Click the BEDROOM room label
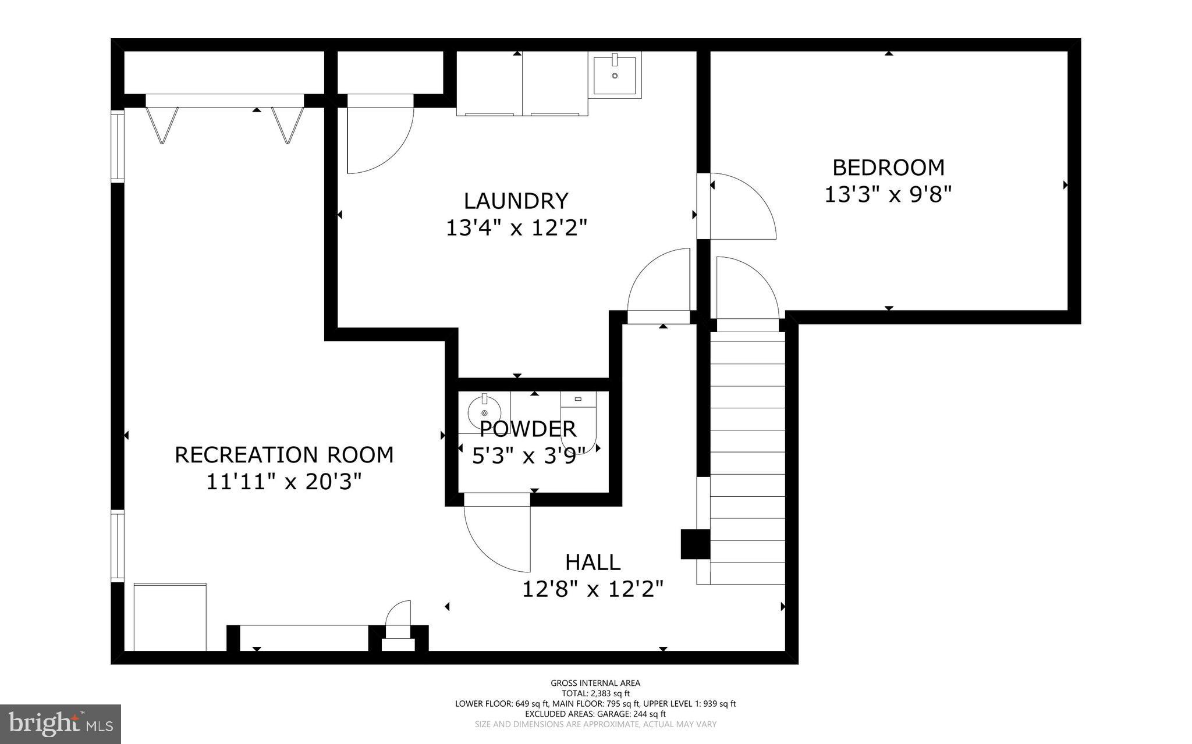pyautogui.click(x=888, y=168)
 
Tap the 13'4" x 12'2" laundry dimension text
pyautogui.click(x=516, y=227)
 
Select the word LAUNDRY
pyautogui.click(x=516, y=201)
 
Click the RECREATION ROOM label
pyautogui.click(x=284, y=454)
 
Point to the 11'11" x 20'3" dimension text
pyautogui.click(x=284, y=482)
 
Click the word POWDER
pyautogui.click(x=528, y=429)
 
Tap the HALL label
pyautogui.click(x=593, y=563)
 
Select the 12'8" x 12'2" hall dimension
pyautogui.click(x=593, y=589)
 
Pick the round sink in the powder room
pyautogui.click(x=484, y=411)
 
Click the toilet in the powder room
pyautogui.click(x=580, y=422)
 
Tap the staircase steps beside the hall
pyautogui.click(x=747, y=454)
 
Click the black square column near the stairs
pyautogui.click(x=695, y=544)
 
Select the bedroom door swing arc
pyautogui.click(x=742, y=207)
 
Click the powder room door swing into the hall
pyautogui.click(x=498, y=538)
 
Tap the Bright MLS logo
pyautogui.click(x=60, y=724)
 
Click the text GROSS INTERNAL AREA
pyautogui.click(x=595, y=683)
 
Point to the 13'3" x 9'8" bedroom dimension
pyautogui.click(x=888, y=194)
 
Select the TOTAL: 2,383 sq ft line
pyautogui.click(x=595, y=693)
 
